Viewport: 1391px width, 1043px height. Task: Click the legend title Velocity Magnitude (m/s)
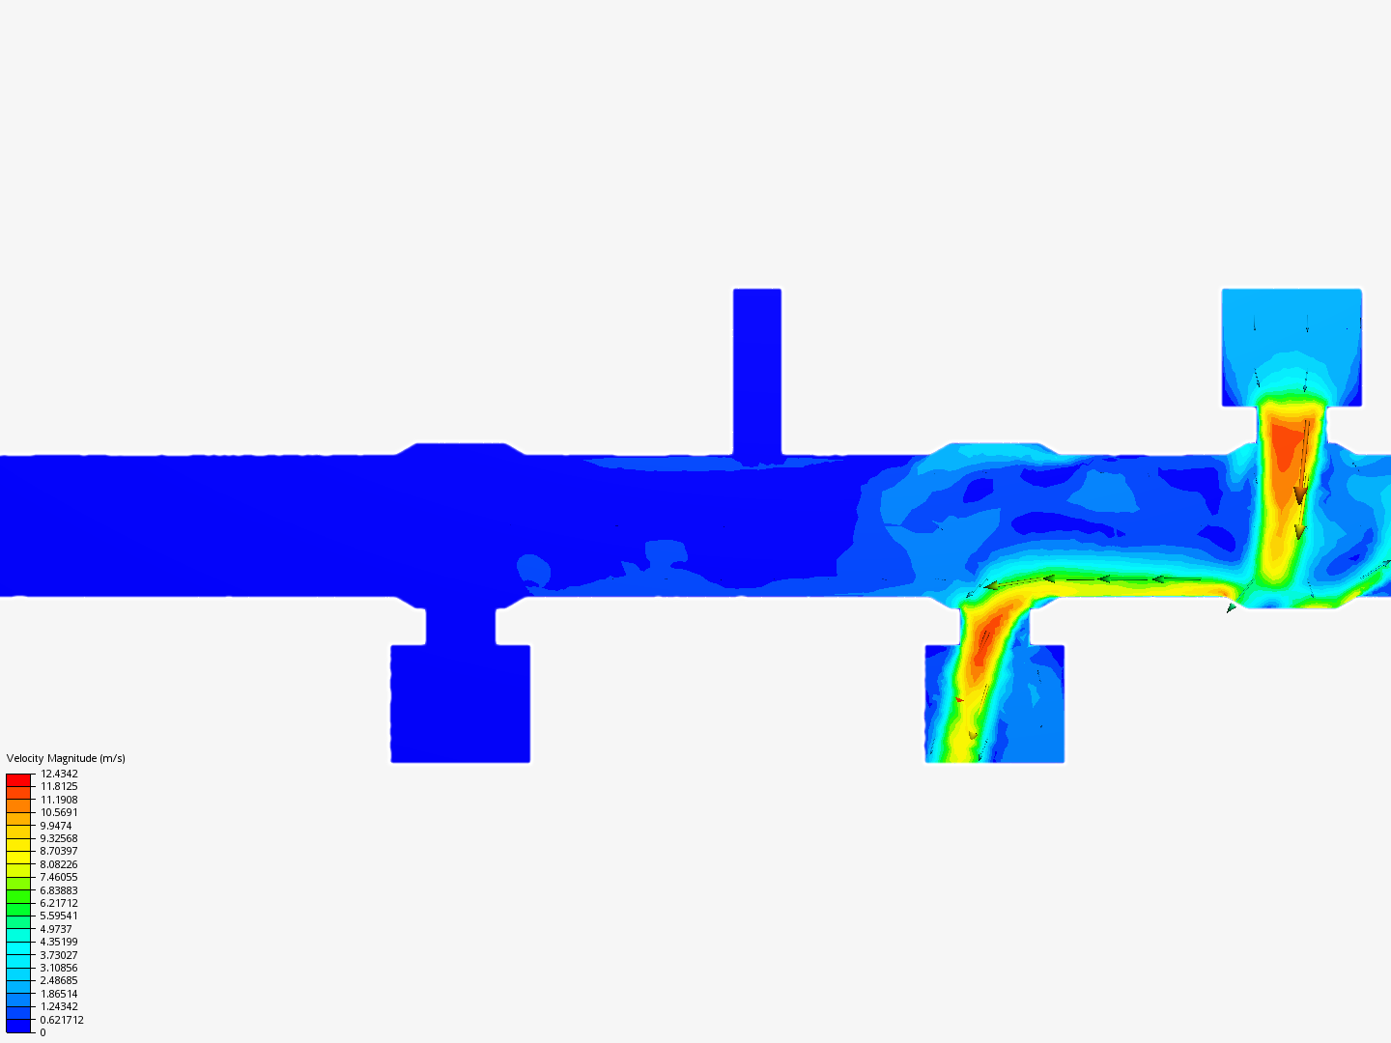pos(66,758)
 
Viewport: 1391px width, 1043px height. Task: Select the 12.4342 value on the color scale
pos(59,774)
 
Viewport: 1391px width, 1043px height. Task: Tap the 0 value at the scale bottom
pos(43,1032)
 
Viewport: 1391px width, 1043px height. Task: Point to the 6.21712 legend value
pos(59,903)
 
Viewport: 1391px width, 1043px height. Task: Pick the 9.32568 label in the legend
pos(59,838)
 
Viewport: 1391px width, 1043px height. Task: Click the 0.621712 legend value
pos(62,1020)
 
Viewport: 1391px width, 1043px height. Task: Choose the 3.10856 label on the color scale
pos(59,968)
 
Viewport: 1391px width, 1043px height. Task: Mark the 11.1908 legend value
pos(59,800)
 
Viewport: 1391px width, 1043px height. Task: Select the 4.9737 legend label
pos(56,929)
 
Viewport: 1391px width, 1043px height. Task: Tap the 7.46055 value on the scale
pos(59,877)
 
